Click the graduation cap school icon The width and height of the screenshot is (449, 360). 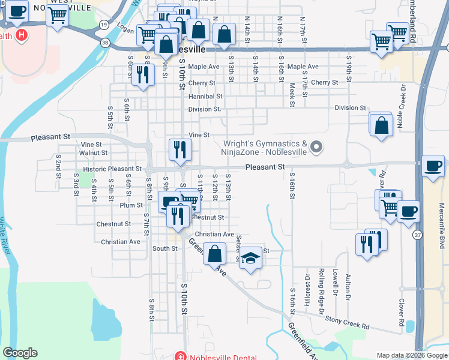[252, 258]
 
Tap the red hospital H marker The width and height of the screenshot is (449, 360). [22, 35]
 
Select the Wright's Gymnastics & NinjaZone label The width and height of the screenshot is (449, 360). [265, 148]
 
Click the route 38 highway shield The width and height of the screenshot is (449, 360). [105, 43]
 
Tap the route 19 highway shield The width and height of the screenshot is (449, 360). [104, 25]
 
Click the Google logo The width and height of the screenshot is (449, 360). [20, 353]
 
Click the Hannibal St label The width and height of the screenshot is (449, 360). [205, 96]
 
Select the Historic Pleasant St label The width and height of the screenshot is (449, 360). [112, 170]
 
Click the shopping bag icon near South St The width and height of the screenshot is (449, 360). [214, 254]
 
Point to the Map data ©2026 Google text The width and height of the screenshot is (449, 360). [411, 355]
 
